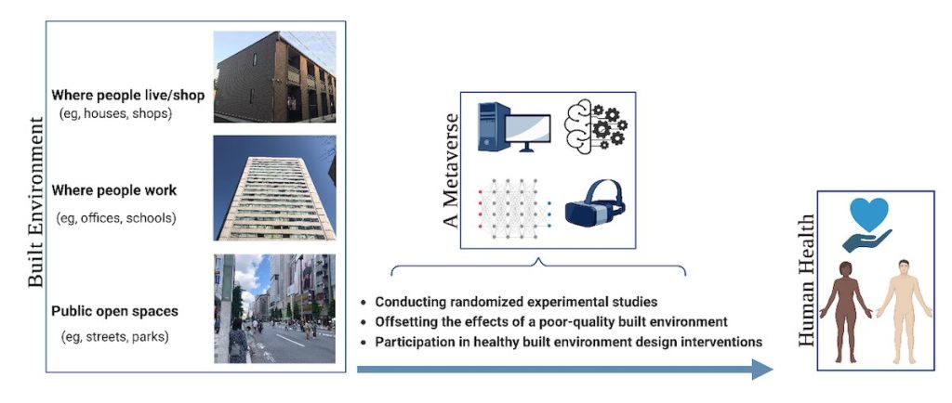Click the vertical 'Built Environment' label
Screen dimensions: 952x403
pyautogui.click(x=36, y=201)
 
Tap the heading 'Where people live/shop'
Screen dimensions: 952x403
pyautogui.click(x=127, y=95)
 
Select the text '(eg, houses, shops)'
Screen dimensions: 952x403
pyautogui.click(x=115, y=113)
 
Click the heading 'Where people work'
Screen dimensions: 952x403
pyautogui.click(x=114, y=190)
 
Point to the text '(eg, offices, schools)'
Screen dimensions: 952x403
pyautogui.click(x=116, y=217)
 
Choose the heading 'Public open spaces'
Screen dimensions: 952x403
pyautogui.click(x=114, y=311)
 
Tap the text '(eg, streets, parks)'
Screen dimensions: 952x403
pyautogui.click(x=114, y=336)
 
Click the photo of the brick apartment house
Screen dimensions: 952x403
pyautogui.click(x=274, y=77)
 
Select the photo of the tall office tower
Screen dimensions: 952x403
pyautogui.click(x=274, y=188)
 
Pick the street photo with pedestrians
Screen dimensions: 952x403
pyautogui.click(x=274, y=308)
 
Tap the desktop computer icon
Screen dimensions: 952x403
pyautogui.click(x=513, y=126)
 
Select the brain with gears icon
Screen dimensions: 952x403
pyautogui.click(x=595, y=126)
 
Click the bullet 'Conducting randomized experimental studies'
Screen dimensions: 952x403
pyautogui.click(x=509, y=301)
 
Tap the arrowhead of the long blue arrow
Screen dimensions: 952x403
pyautogui.click(x=762, y=369)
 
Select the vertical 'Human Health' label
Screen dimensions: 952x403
pyautogui.click(x=806, y=280)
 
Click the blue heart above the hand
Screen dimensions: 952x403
pyautogui.click(x=869, y=214)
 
